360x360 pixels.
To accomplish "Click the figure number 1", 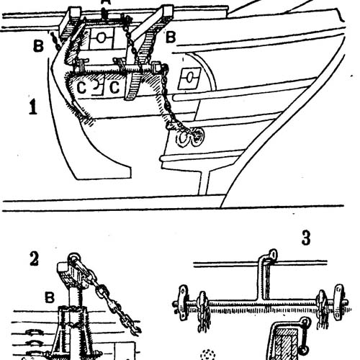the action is (33, 107).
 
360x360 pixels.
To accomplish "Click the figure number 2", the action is (34, 259).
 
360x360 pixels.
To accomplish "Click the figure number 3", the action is (306, 238).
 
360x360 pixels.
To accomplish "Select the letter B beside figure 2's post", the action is (50, 298).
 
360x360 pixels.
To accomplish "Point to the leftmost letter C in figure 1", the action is (81, 88).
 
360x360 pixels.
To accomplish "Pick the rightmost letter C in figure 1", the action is (114, 87).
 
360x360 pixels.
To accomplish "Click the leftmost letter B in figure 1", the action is (38, 46).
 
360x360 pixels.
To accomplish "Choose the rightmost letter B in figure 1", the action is (171, 37).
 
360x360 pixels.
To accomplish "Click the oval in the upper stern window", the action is (101, 37).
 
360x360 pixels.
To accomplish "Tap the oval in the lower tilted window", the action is (189, 78).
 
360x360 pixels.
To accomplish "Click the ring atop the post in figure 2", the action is (74, 258).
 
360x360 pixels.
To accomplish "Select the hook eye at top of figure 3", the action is (273, 255).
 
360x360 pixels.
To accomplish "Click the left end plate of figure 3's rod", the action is (183, 303).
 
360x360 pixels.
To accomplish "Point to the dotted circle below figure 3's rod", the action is (208, 354).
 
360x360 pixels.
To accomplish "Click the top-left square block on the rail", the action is (74, 12).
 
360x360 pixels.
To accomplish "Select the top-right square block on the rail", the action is (168, 12).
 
